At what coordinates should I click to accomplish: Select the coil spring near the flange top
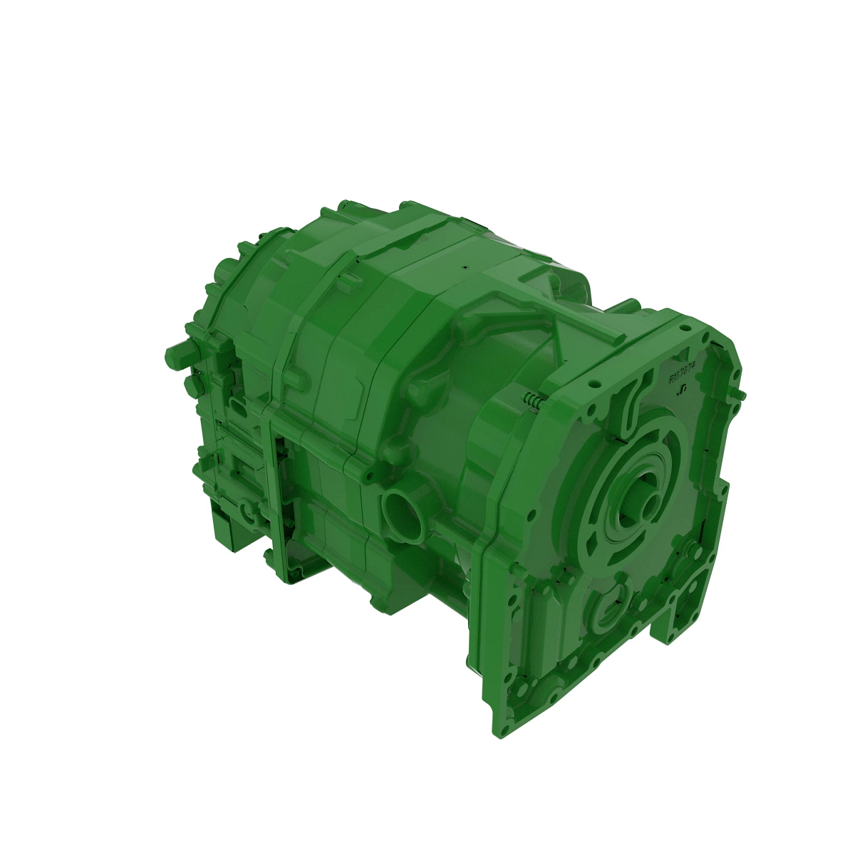click(x=534, y=401)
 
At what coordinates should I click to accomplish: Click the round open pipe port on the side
click(x=400, y=512)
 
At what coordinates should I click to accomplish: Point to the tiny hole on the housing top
click(x=462, y=269)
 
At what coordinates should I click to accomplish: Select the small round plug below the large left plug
click(x=191, y=385)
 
